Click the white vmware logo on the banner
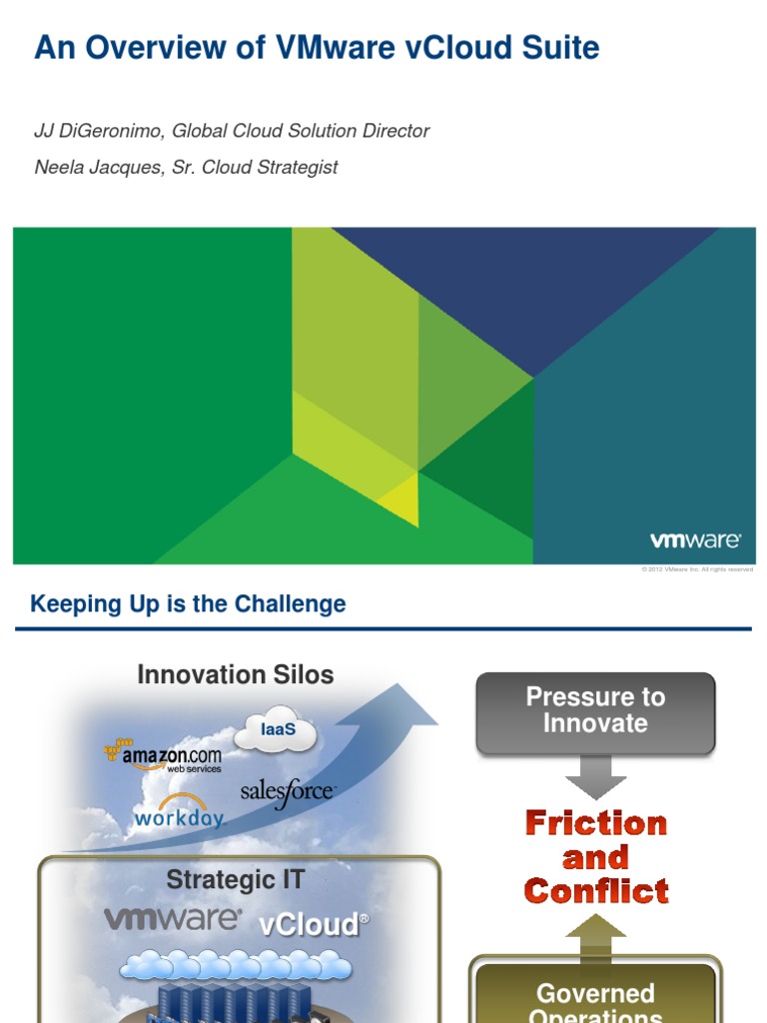point(695,540)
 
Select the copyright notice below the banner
point(696,569)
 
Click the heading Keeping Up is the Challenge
point(188,604)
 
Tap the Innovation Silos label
point(235,674)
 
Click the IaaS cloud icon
point(277,733)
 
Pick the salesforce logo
point(288,792)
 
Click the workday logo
point(179,815)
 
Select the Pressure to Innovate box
point(595,711)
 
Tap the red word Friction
point(596,823)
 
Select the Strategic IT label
point(235,880)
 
